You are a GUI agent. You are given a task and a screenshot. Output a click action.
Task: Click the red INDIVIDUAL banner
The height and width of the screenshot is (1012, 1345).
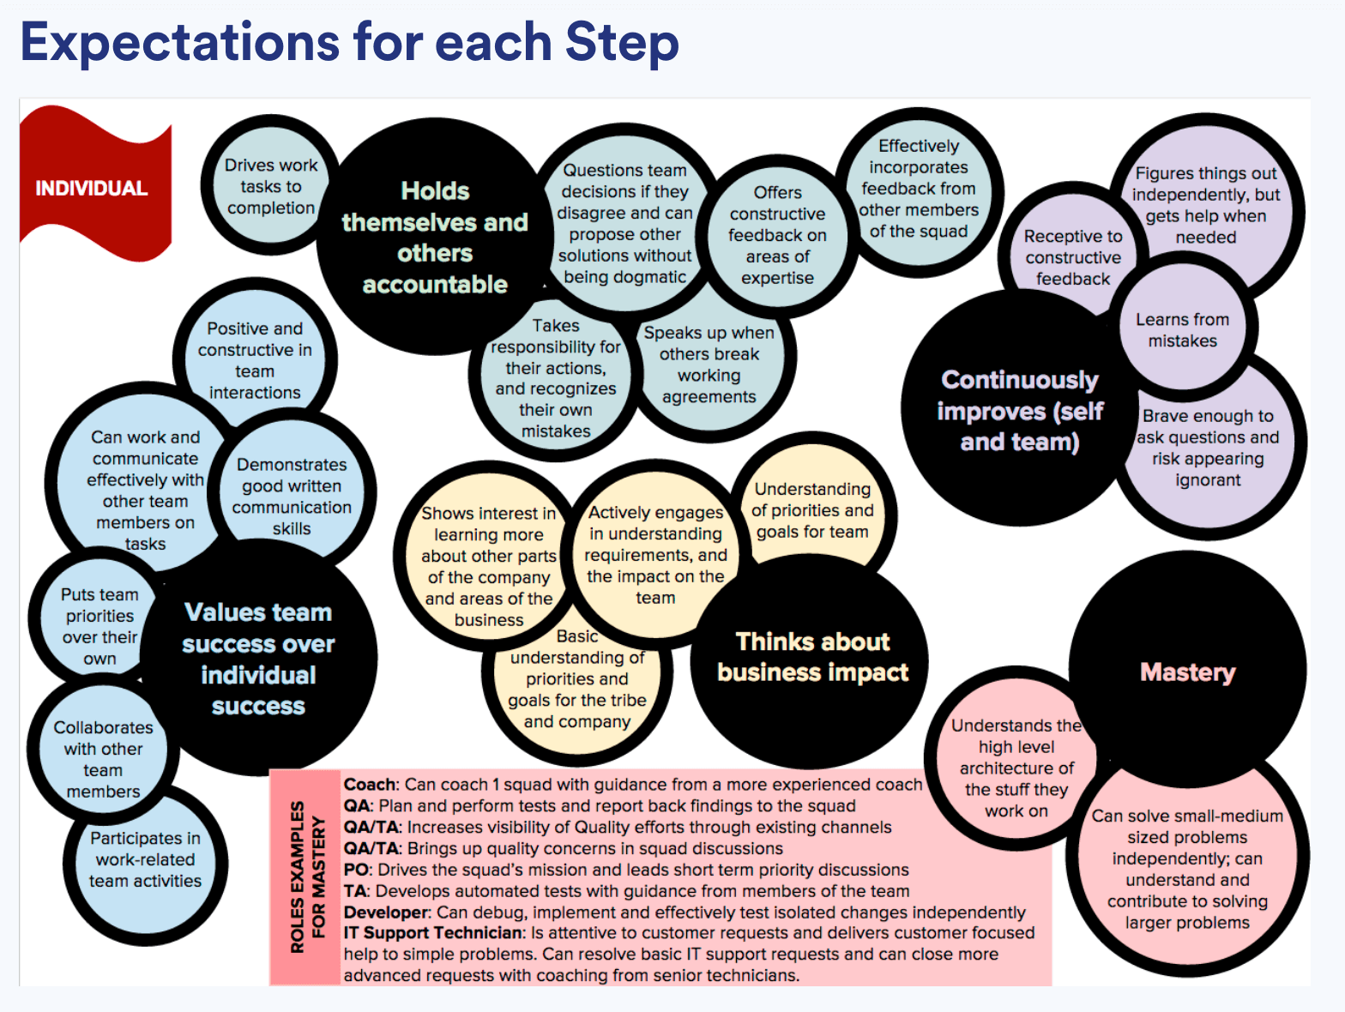[92, 188]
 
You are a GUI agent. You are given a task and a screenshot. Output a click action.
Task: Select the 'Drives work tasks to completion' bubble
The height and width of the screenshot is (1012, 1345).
[269, 186]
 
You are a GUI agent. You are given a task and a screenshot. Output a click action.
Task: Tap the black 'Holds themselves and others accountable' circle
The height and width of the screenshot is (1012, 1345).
[434, 238]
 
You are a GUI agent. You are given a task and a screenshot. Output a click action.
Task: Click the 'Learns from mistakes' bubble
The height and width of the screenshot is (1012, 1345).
[1182, 330]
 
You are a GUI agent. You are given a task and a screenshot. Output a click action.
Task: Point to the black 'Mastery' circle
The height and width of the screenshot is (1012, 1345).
[1187, 672]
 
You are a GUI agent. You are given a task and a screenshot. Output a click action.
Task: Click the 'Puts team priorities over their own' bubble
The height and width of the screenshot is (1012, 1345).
[99, 626]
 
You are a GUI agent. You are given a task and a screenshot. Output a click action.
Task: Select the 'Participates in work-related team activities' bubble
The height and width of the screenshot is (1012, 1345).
[145, 859]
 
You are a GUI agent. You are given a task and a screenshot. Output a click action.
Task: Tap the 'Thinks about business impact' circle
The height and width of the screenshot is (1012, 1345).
[812, 658]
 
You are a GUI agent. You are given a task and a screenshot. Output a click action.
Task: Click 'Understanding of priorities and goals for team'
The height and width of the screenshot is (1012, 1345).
[812, 510]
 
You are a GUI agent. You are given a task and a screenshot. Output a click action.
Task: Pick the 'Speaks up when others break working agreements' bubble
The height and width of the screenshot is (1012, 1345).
[709, 364]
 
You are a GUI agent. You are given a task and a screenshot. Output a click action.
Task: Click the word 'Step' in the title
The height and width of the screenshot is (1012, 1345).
[622, 42]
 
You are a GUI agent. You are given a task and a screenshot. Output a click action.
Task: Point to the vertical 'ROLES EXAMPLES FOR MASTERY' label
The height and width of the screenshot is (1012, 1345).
[307, 876]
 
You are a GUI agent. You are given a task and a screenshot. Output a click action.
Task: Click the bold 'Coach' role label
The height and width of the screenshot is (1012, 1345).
[370, 784]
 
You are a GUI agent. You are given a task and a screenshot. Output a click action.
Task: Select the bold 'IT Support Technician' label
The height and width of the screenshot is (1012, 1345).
[434, 932]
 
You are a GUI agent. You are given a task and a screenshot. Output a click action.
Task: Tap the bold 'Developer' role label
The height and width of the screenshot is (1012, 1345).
[386, 912]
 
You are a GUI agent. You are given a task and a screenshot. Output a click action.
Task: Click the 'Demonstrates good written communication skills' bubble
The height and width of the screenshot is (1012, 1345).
[292, 496]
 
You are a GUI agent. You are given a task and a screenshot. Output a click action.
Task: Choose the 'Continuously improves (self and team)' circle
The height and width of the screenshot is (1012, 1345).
[1019, 410]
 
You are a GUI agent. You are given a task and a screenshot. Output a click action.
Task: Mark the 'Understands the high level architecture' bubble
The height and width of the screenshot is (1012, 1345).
[1016, 768]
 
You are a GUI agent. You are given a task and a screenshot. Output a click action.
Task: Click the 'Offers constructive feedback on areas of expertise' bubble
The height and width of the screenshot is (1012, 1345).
[777, 235]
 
